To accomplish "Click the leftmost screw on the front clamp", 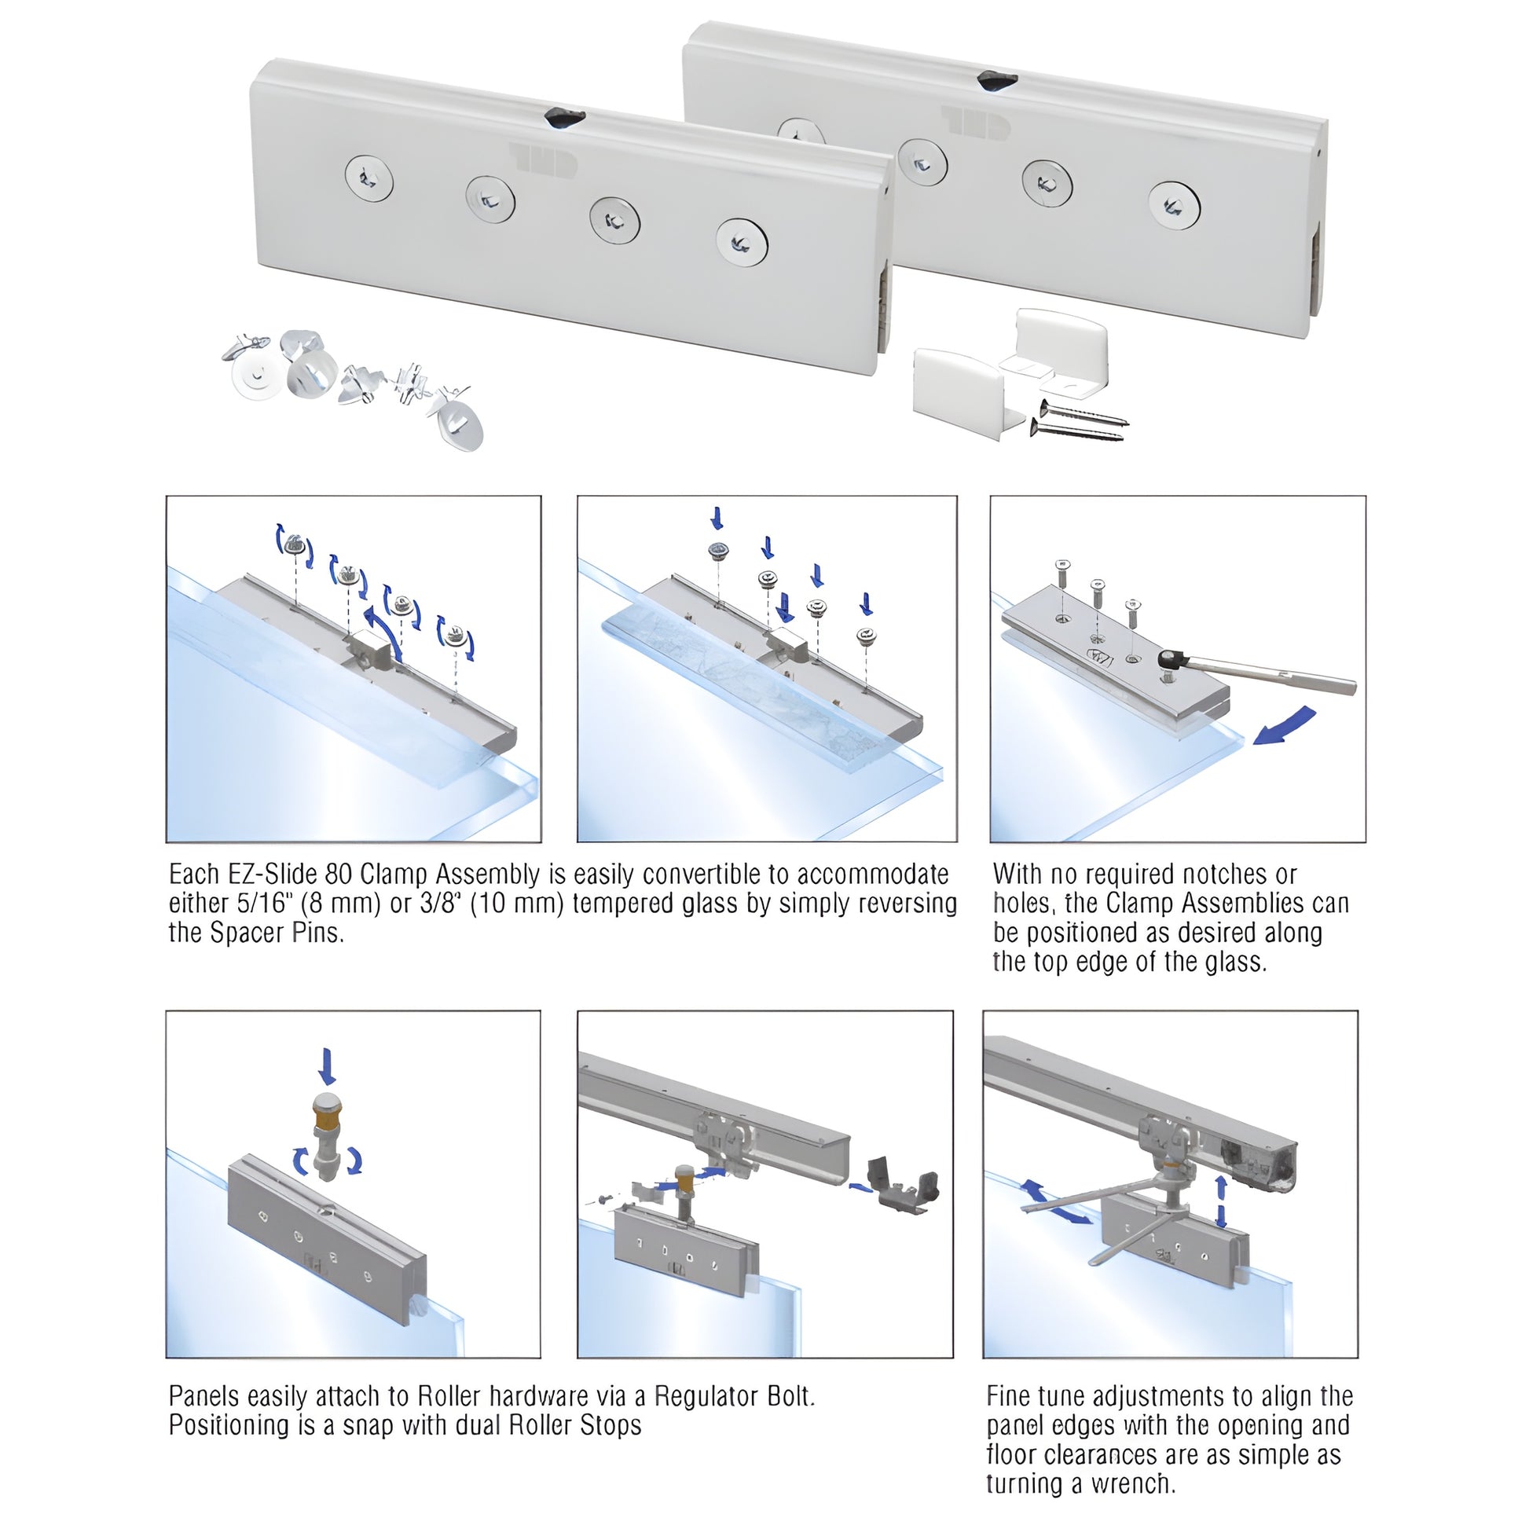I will pyautogui.click(x=368, y=178).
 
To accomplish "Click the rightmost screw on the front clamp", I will pyautogui.click(x=742, y=242).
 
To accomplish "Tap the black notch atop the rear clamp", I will pyautogui.click(x=996, y=80).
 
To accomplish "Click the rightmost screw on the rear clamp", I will pyautogui.click(x=1175, y=205).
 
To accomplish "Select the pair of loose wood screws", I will pyautogui.click(x=1080, y=420).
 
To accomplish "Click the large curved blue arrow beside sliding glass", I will pyautogui.click(x=1284, y=726).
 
